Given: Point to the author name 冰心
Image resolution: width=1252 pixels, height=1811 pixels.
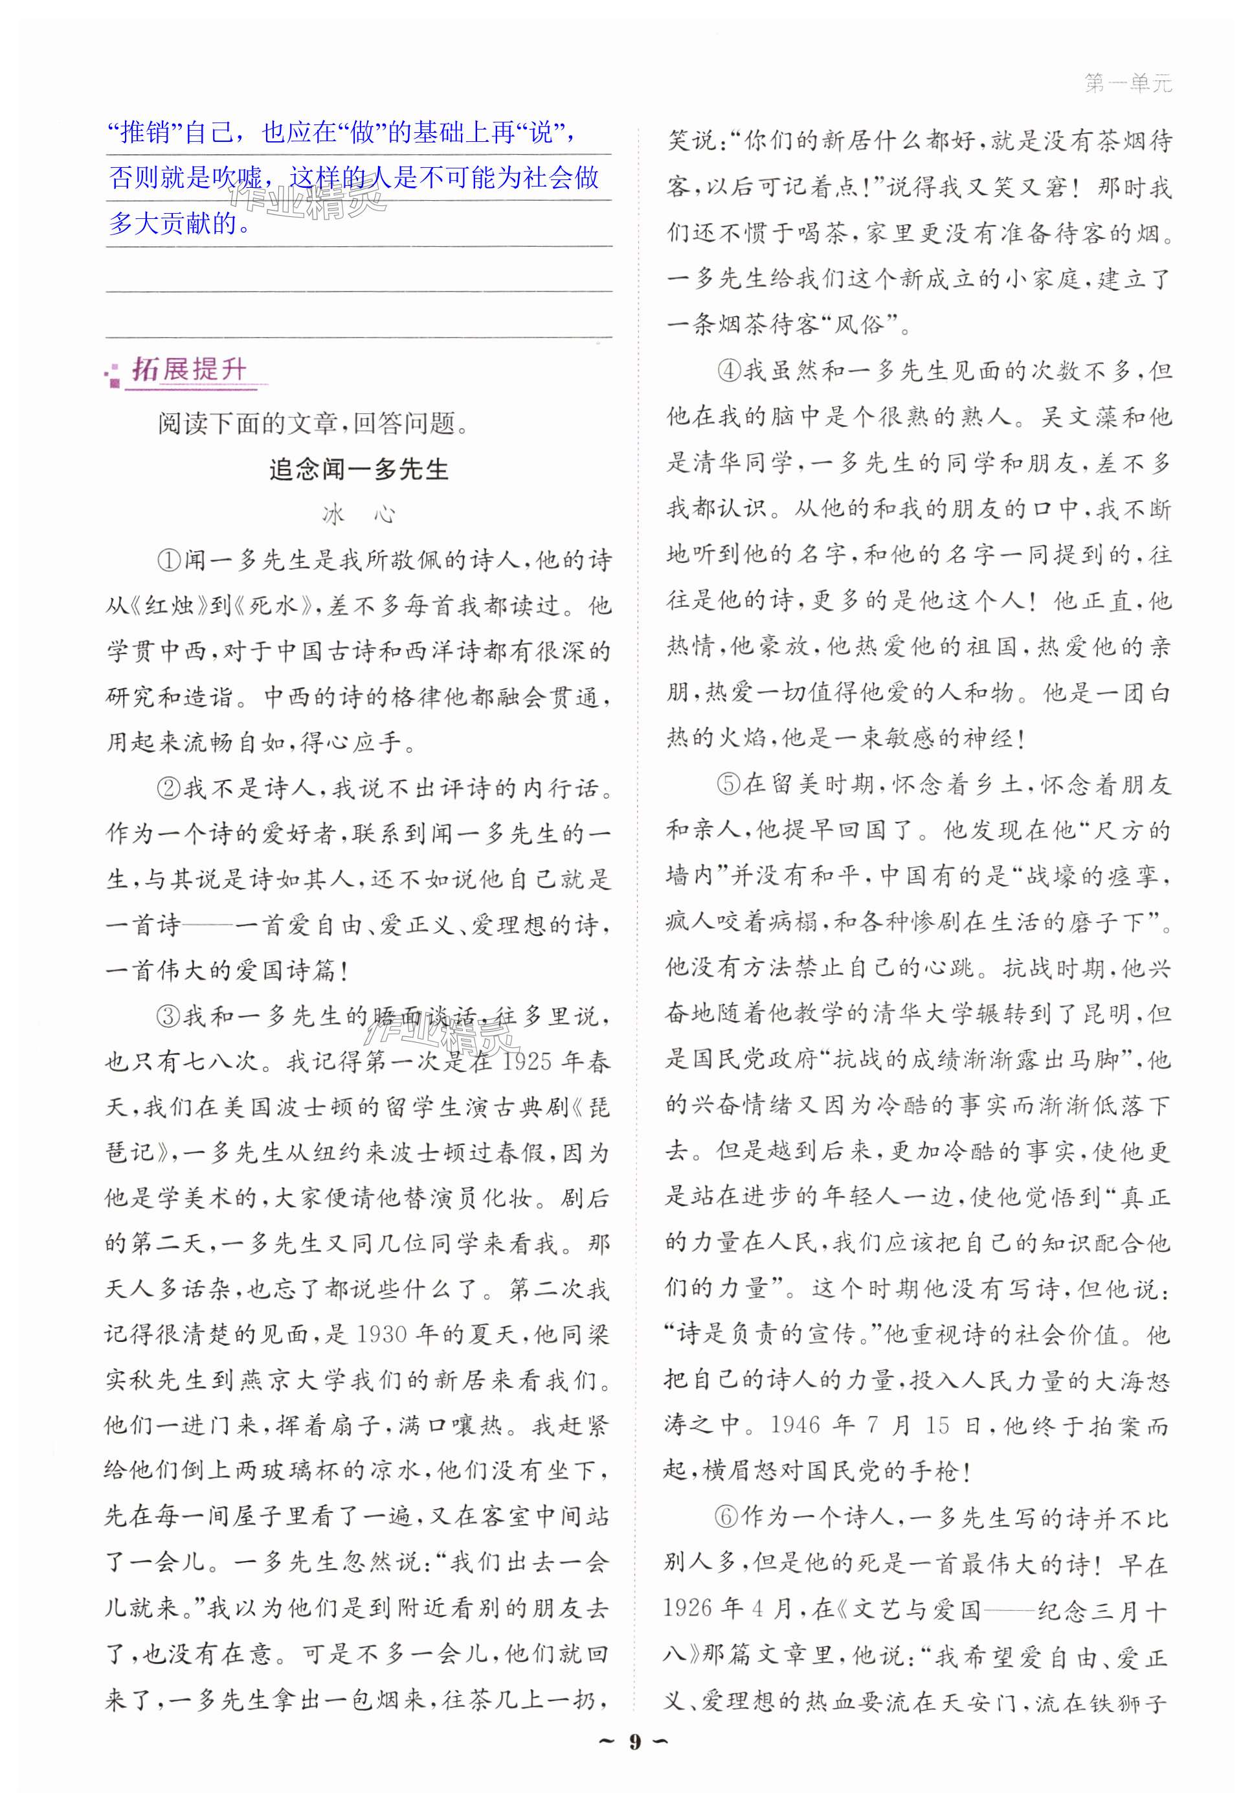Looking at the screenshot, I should (x=359, y=515).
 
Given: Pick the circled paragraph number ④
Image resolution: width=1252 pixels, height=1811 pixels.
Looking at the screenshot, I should (x=730, y=371).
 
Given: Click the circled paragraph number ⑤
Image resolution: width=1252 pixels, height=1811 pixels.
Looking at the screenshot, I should (x=730, y=784).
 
